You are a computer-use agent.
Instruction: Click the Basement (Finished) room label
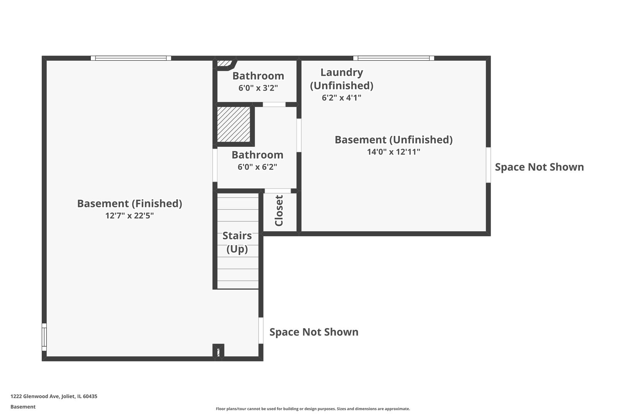click(x=129, y=203)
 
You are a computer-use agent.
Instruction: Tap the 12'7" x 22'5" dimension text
click(x=129, y=215)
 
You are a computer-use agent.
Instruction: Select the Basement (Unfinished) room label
click(x=393, y=140)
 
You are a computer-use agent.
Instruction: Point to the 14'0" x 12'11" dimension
click(x=393, y=152)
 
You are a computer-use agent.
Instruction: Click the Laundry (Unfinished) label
click(x=342, y=79)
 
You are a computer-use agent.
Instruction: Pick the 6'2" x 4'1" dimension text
click(x=342, y=98)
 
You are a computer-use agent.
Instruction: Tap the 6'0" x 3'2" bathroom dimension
click(x=258, y=88)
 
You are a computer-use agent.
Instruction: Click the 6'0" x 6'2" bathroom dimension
click(x=257, y=167)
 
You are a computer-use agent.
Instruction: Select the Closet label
click(x=279, y=210)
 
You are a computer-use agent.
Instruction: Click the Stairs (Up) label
click(x=237, y=242)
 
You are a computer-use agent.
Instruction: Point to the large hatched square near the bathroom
click(x=234, y=124)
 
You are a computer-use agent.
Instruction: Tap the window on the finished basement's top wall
click(x=131, y=58)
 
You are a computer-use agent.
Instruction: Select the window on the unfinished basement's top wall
click(x=394, y=58)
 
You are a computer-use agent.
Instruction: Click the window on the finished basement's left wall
click(x=44, y=337)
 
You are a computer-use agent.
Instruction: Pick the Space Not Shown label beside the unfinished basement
click(x=539, y=167)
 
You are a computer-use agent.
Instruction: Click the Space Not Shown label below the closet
click(x=314, y=332)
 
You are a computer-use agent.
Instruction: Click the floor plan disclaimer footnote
click(x=313, y=409)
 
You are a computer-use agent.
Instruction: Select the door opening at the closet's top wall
click(x=278, y=191)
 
